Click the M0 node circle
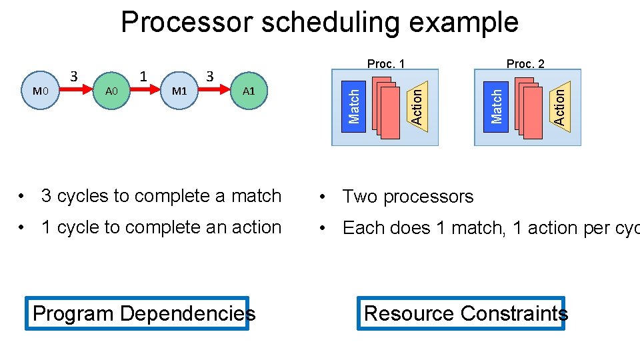pyautogui.click(x=41, y=91)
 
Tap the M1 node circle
pyautogui.click(x=179, y=91)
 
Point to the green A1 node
pyautogui.click(x=249, y=91)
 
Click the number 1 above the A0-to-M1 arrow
pyautogui.click(x=143, y=75)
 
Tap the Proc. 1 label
pyautogui.click(x=386, y=64)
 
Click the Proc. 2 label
pyautogui.click(x=525, y=64)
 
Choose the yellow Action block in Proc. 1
pyautogui.click(x=416, y=105)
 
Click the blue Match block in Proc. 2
pyautogui.click(x=496, y=105)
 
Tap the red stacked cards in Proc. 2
pyautogui.click(x=530, y=109)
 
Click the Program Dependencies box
pyautogui.click(x=137, y=313)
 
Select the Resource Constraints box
pyautogui.click(x=461, y=313)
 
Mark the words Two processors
pyautogui.click(x=408, y=197)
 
